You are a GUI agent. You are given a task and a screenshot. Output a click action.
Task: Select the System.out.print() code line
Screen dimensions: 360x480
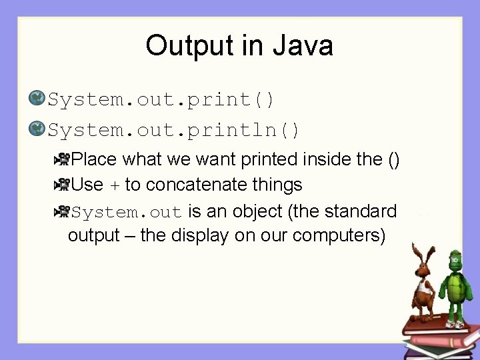(x=161, y=100)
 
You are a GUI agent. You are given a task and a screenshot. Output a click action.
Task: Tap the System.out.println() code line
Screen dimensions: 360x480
(x=174, y=129)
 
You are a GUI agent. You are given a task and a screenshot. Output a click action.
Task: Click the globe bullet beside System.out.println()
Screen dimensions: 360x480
(x=36, y=129)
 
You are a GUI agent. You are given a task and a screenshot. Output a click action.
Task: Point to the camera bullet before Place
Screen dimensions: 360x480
(x=61, y=159)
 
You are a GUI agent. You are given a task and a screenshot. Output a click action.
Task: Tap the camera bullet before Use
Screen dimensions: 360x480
(x=61, y=184)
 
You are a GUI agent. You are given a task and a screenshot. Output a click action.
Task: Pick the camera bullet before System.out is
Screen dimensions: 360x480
(x=61, y=211)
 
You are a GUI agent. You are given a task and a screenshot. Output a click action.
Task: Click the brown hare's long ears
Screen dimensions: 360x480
(x=420, y=253)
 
